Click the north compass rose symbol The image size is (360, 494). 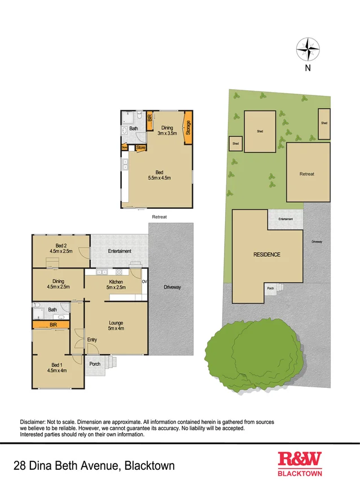[308, 49]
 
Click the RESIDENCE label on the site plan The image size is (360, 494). [266, 255]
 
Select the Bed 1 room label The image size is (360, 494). [59, 367]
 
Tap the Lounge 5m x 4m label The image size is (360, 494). [116, 325]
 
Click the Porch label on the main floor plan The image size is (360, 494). [95, 364]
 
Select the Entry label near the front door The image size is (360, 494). [93, 339]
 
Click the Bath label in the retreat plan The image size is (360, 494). [134, 129]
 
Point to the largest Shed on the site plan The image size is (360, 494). [260, 131]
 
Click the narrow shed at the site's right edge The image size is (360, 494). [324, 123]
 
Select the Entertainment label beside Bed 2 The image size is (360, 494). [120, 251]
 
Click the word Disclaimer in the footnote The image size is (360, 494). [35, 422]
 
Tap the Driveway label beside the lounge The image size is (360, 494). [172, 287]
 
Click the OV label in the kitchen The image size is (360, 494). [144, 281]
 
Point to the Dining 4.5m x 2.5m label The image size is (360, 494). [59, 284]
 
